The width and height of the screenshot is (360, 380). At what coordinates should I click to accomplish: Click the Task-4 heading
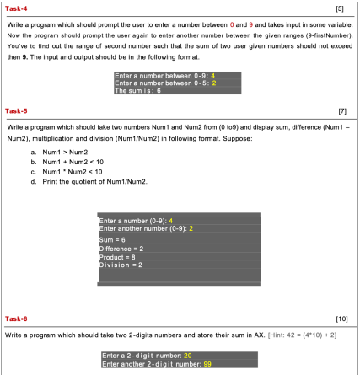tap(16, 9)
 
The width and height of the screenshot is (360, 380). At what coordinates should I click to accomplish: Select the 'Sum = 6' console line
tap(113, 240)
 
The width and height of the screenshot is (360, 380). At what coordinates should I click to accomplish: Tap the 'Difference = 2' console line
tap(121, 249)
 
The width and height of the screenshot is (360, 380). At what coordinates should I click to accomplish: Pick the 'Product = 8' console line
tap(117, 257)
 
